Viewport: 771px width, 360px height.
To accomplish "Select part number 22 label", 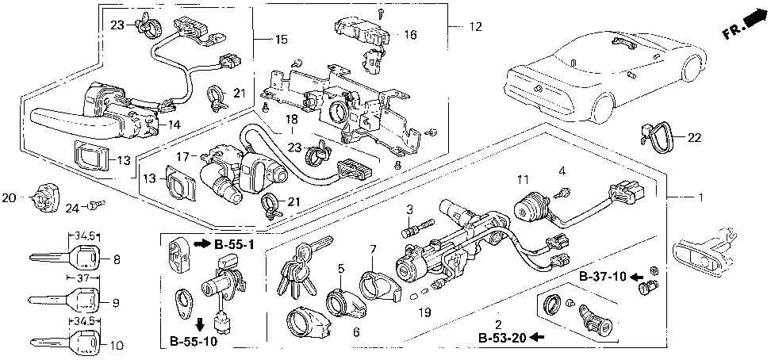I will [x=695, y=137].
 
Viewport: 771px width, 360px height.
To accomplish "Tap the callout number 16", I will [x=409, y=35].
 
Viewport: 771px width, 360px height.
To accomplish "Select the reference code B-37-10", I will [x=603, y=276].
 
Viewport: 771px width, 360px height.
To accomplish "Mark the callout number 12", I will [x=474, y=27].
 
